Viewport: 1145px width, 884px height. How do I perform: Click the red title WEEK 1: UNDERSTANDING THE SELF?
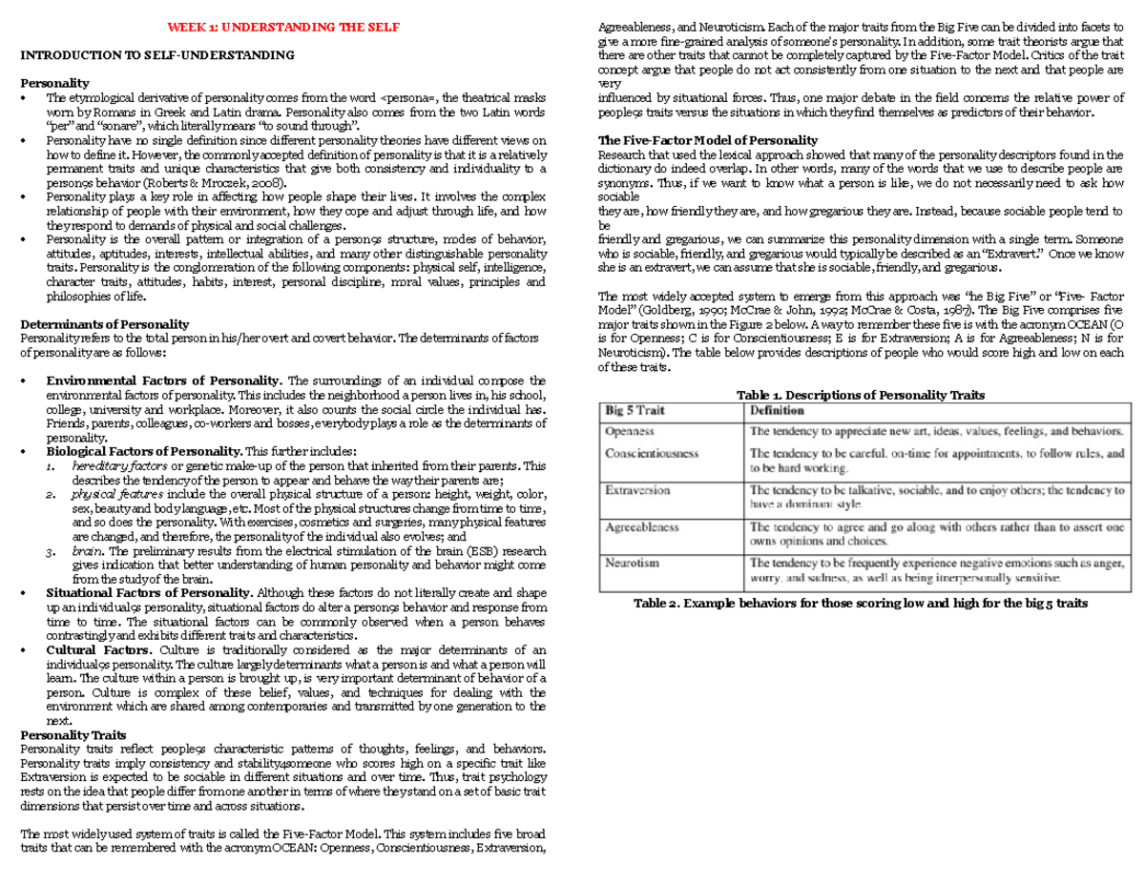click(x=283, y=27)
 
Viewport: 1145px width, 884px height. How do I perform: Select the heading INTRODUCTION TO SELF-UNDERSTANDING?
click(x=157, y=55)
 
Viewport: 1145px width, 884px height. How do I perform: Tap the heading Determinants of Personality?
click(x=105, y=324)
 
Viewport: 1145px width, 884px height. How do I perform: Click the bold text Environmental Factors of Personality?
click(x=164, y=381)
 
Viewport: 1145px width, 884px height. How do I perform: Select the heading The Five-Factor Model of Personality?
click(x=707, y=141)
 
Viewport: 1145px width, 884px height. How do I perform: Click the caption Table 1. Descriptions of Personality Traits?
click(x=861, y=395)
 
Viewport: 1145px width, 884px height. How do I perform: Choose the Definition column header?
click(x=777, y=411)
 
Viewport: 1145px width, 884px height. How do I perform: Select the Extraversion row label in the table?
click(x=638, y=490)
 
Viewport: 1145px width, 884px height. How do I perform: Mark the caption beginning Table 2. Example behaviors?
click(x=861, y=605)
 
